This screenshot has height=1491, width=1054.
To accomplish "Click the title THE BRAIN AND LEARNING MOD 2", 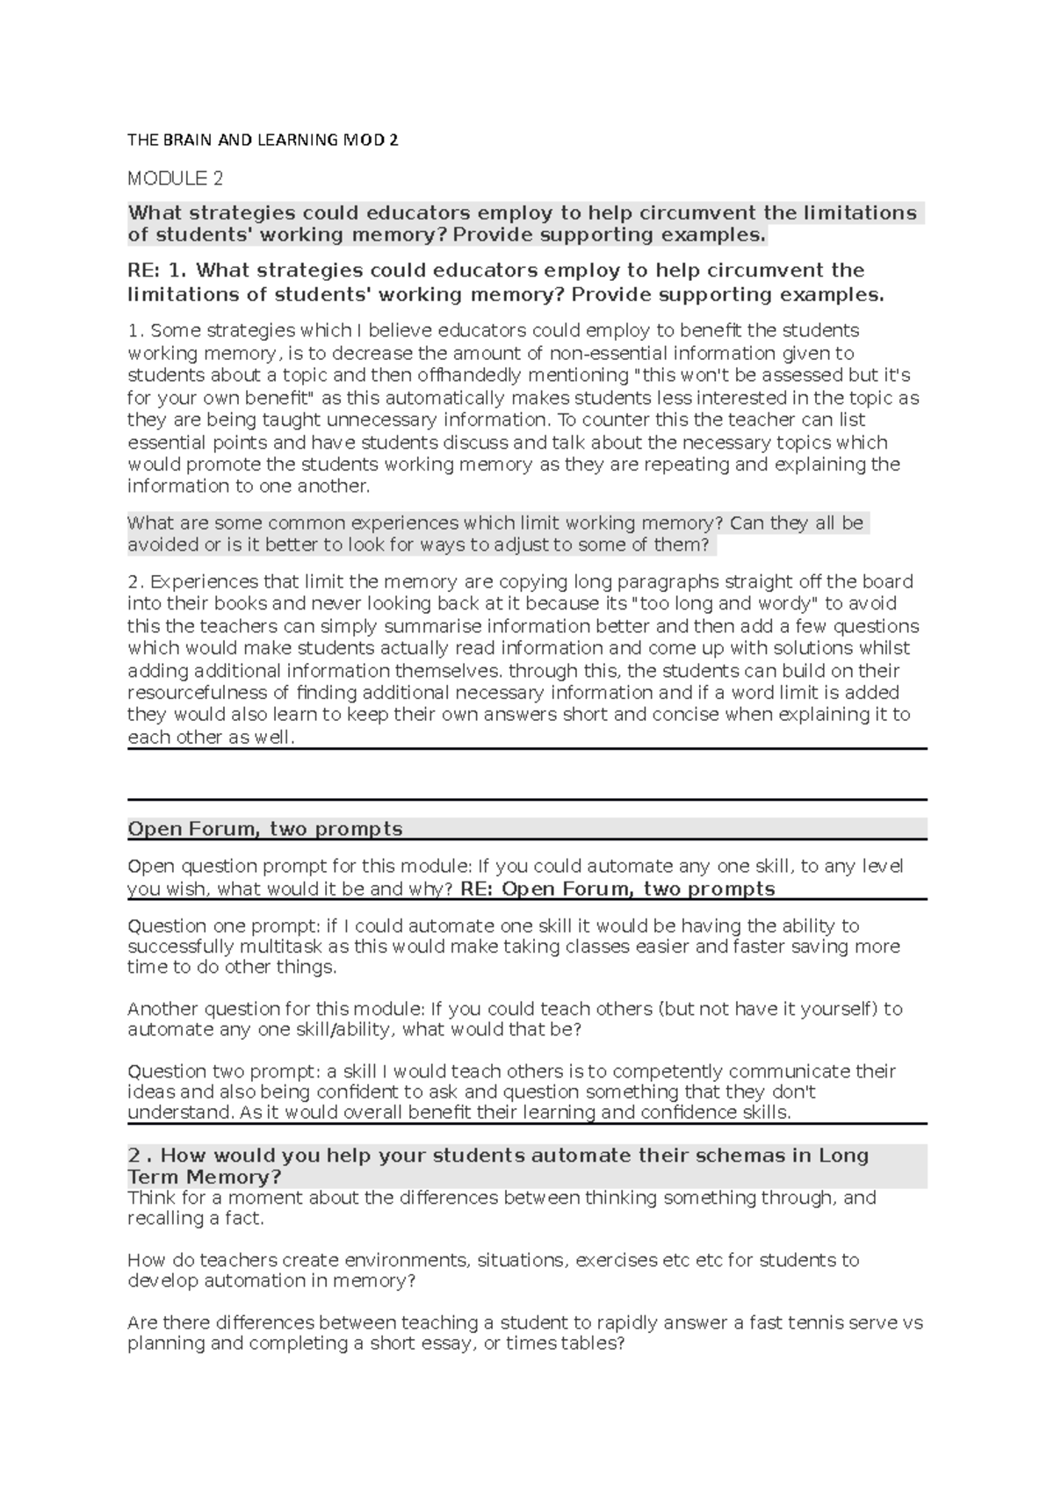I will [263, 140].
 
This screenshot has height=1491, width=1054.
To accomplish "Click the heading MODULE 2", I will [175, 179].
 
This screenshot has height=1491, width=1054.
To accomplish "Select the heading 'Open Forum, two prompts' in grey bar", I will [265, 829].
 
